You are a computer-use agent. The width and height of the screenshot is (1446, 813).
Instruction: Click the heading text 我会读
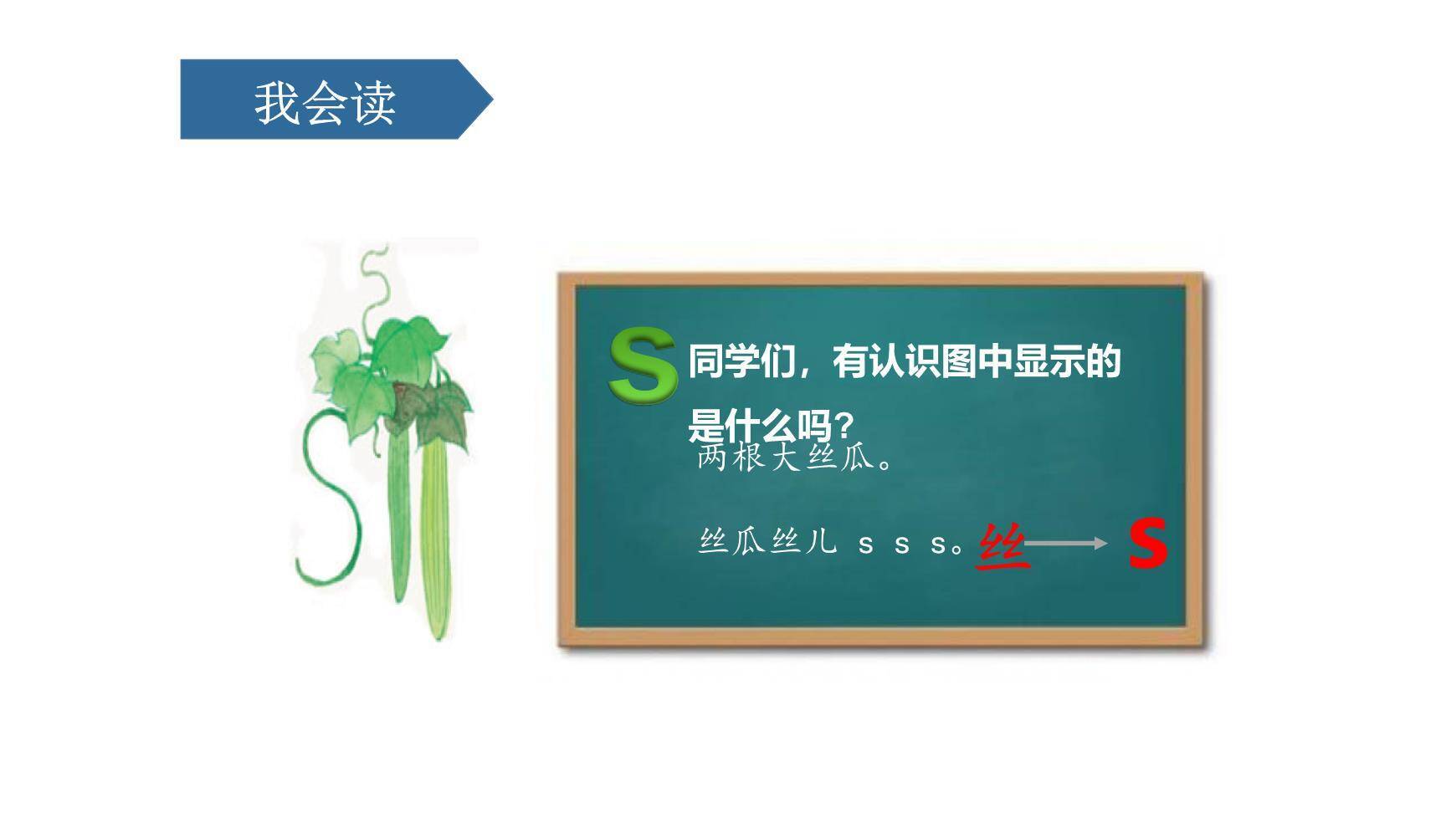click(x=325, y=103)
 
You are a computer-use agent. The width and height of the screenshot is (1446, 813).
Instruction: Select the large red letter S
click(x=1147, y=544)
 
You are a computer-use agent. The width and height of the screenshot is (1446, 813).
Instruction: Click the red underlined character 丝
click(x=1002, y=546)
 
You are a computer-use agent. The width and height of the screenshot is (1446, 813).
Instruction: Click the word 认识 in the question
click(x=886, y=362)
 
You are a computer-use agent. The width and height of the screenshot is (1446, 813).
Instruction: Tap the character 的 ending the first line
click(x=1103, y=362)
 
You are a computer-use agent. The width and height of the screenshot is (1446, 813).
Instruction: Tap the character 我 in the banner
click(x=276, y=103)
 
